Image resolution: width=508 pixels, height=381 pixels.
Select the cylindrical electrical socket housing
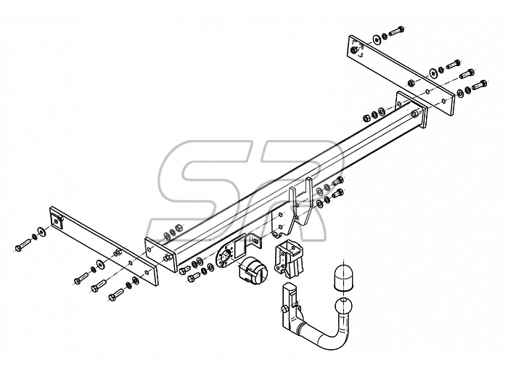point(253,267)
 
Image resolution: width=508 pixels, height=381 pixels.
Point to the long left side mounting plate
point(104,245)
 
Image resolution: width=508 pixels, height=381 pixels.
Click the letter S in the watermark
point(201,191)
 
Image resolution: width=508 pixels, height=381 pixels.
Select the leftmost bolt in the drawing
point(23,246)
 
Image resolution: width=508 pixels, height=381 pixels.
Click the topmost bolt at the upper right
point(396,30)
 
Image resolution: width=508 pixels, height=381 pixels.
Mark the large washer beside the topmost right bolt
point(377,39)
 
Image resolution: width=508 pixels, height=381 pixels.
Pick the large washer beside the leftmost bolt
point(42,231)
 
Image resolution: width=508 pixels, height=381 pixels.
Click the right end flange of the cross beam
point(411,110)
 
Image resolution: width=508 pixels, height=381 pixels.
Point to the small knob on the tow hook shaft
point(284,309)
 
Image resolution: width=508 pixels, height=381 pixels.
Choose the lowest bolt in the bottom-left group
point(116,295)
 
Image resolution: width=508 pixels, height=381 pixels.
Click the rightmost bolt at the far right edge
point(480,85)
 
